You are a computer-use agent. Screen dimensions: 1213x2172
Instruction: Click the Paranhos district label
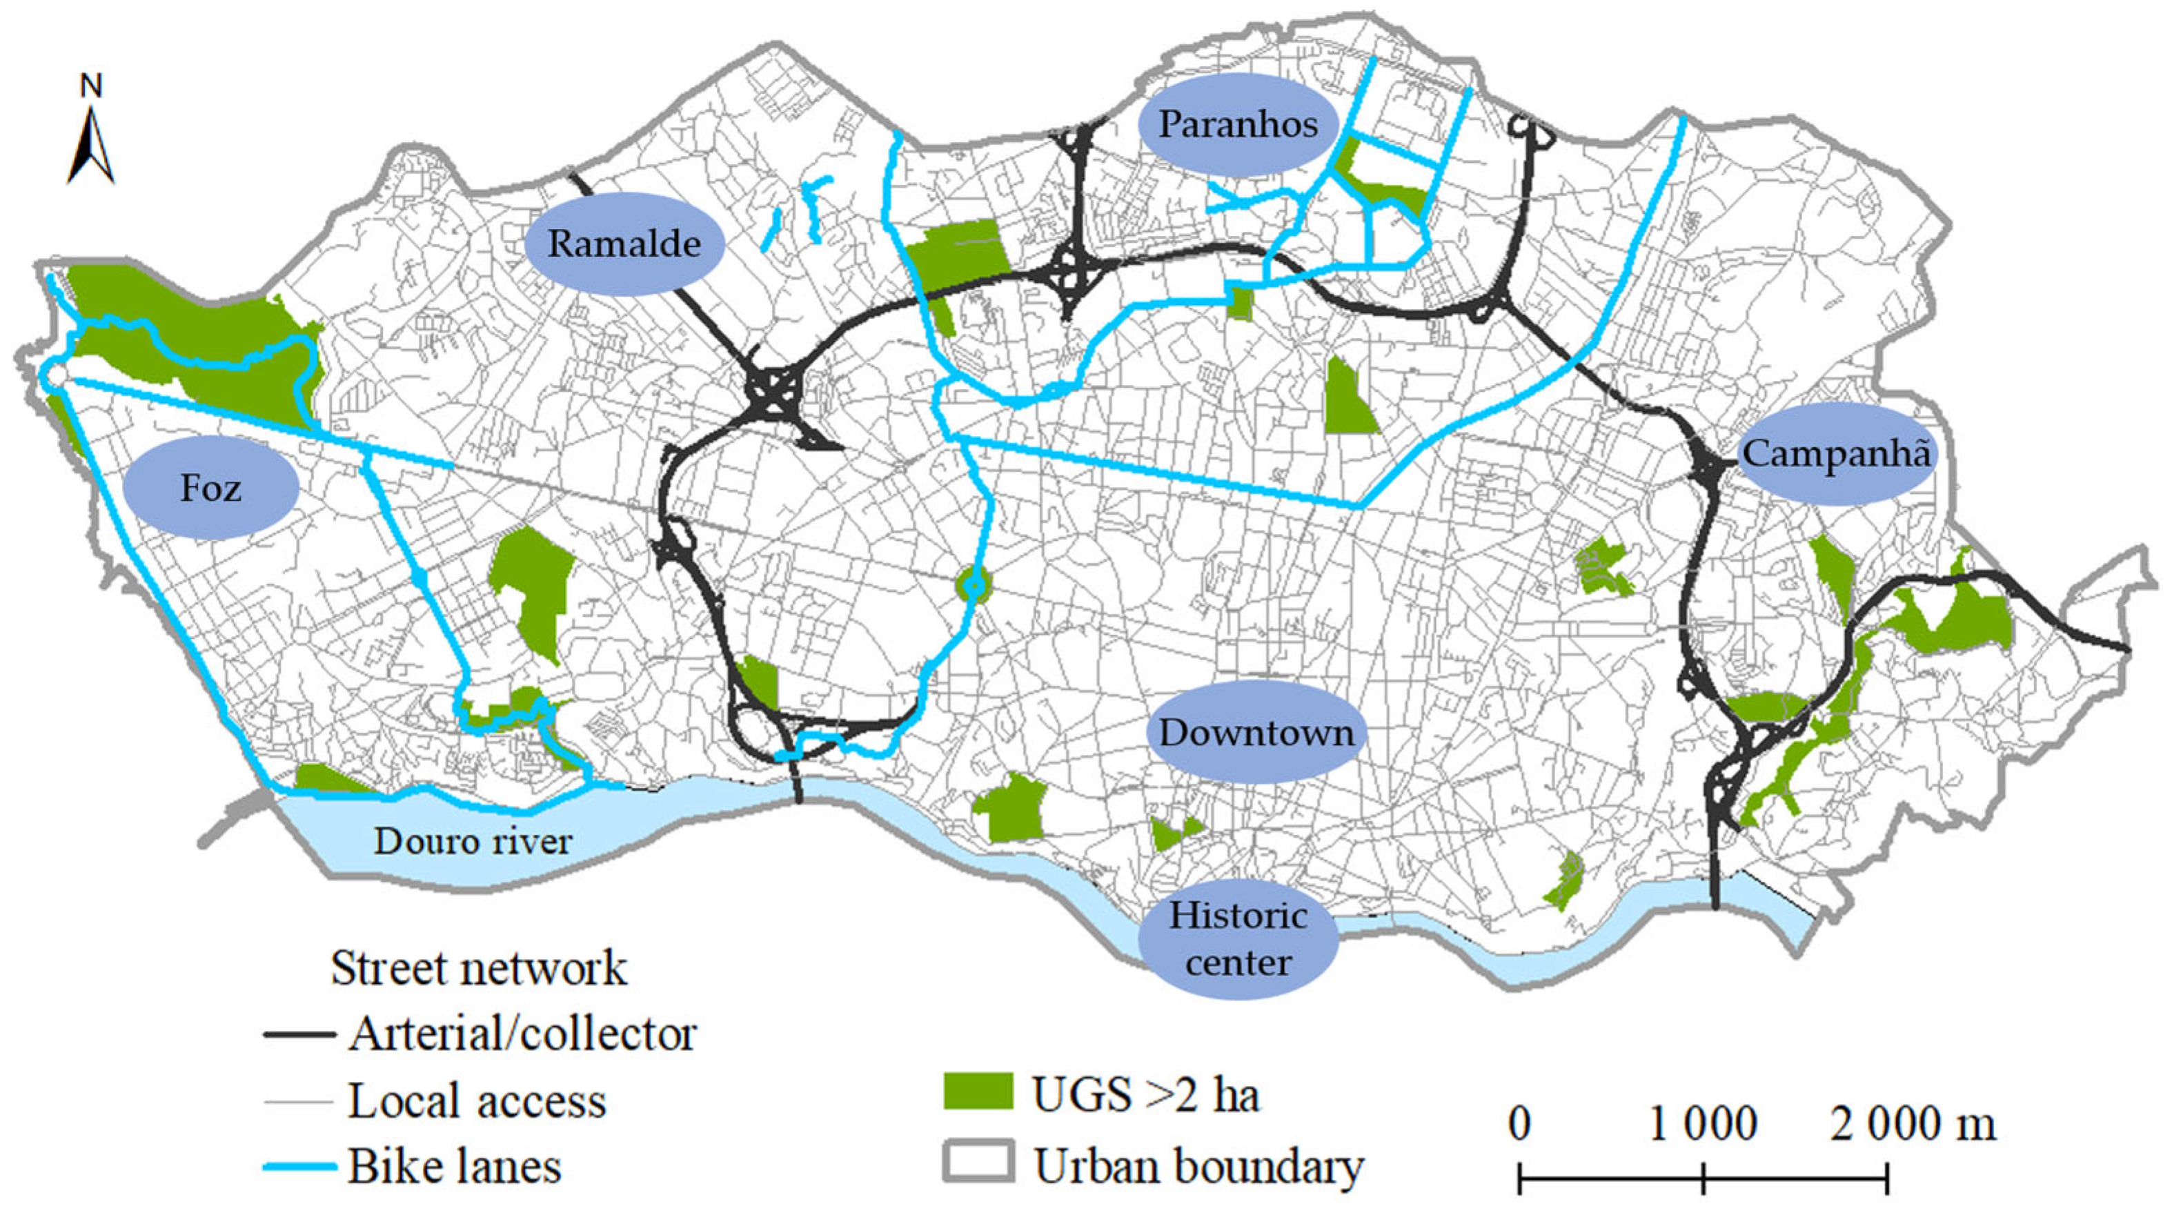1237,125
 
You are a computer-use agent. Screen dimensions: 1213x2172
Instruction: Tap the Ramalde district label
624,244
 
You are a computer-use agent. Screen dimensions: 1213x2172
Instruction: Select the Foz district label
211,488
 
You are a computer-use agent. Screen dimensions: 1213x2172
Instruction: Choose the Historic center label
1238,938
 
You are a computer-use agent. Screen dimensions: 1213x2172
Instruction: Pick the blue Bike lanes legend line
299,1167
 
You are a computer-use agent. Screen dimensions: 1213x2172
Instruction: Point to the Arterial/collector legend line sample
299,1034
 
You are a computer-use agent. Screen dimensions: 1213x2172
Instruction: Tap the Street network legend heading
478,967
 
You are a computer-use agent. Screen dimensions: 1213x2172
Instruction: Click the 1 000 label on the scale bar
1702,1125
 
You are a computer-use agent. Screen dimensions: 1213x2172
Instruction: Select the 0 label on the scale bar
1519,1125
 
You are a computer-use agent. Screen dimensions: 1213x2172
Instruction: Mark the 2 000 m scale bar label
1913,1125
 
